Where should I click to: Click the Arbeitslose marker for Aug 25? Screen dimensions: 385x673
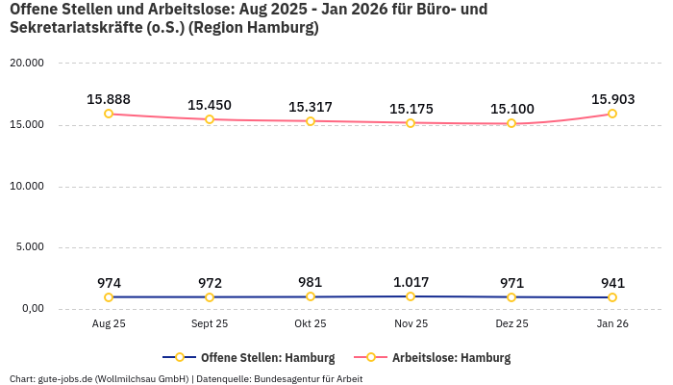(109, 114)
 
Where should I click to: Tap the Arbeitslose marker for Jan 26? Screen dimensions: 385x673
(612, 114)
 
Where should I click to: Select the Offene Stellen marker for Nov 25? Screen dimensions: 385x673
(411, 296)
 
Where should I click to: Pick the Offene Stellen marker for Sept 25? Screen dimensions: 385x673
(210, 297)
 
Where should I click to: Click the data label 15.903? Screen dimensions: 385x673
(612, 99)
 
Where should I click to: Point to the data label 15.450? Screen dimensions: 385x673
(210, 105)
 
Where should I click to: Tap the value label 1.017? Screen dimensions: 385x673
(411, 282)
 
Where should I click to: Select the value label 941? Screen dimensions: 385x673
(612, 283)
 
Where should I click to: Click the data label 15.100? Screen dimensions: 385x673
(511, 109)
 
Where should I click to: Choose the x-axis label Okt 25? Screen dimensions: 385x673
(311, 324)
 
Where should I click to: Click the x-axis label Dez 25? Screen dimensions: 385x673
(511, 324)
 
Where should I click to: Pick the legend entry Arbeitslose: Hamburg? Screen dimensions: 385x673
(451, 358)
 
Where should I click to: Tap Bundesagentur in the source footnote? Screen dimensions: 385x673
(287, 378)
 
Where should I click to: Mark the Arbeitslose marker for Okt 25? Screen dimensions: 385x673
(311, 121)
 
